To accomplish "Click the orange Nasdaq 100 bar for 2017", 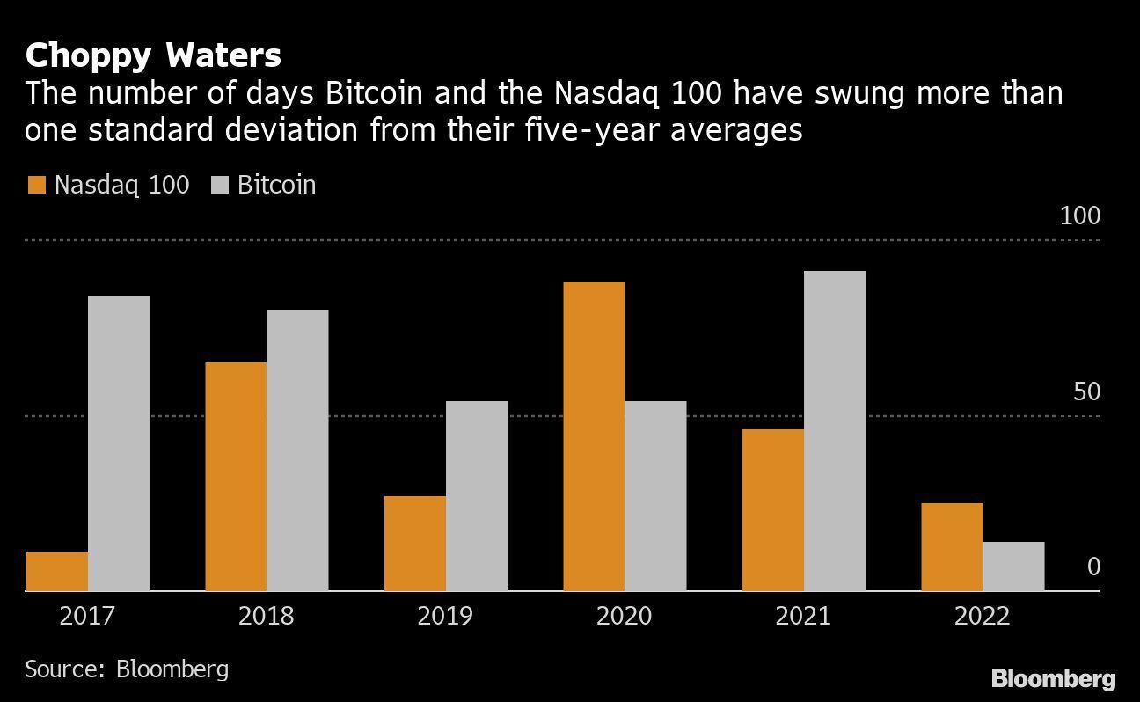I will click(57, 572).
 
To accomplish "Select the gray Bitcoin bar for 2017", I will click(119, 443).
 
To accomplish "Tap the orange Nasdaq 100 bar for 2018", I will click(236, 477).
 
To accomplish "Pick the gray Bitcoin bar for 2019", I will click(476, 496).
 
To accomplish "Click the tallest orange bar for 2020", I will click(594, 436).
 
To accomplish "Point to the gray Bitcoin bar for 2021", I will click(834, 431).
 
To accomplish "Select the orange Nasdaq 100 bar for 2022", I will click(952, 547).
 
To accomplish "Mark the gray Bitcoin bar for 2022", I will click(1013, 567).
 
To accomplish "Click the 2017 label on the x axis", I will click(87, 616).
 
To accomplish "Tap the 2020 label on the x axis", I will click(624, 616).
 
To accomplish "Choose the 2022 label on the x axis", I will click(982, 616).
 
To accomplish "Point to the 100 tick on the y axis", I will click(1079, 216).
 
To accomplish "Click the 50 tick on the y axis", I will click(1086, 391).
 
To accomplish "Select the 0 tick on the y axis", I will click(1093, 567).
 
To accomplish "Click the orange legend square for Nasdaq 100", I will click(36, 185).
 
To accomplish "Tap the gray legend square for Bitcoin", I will click(220, 185).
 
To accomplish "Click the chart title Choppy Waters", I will click(153, 55).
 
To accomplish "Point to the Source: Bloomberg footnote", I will click(127, 669).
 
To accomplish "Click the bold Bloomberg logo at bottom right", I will click(1053, 679).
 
